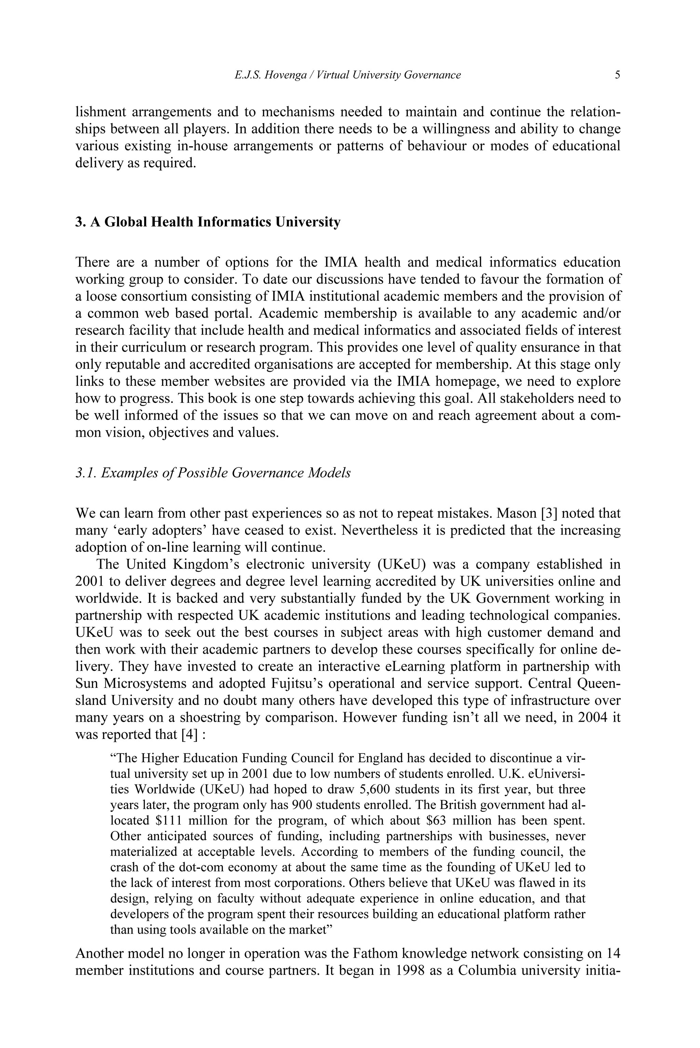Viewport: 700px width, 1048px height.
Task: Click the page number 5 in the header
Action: coord(617,75)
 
